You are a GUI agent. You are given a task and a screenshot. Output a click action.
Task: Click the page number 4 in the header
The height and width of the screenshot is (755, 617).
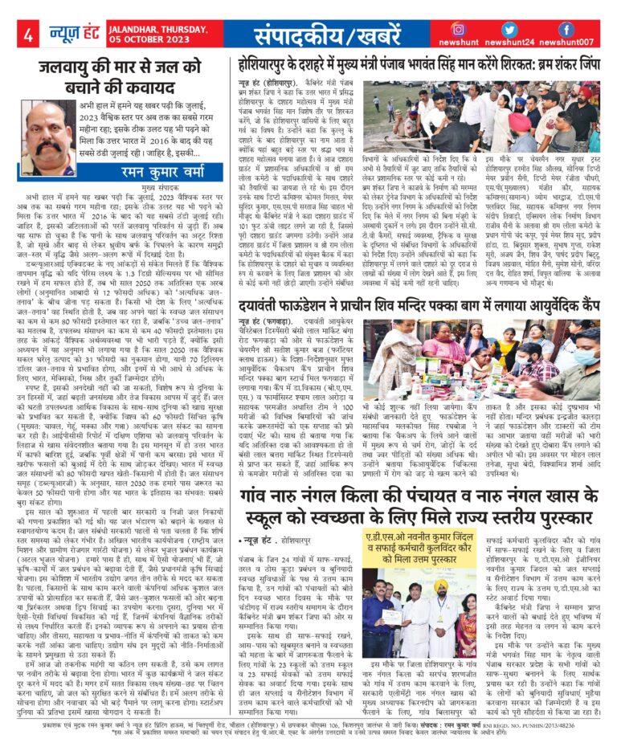pyautogui.click(x=28, y=35)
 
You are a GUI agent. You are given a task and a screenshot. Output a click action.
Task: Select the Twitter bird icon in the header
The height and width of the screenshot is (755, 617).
pyautogui.click(x=512, y=28)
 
